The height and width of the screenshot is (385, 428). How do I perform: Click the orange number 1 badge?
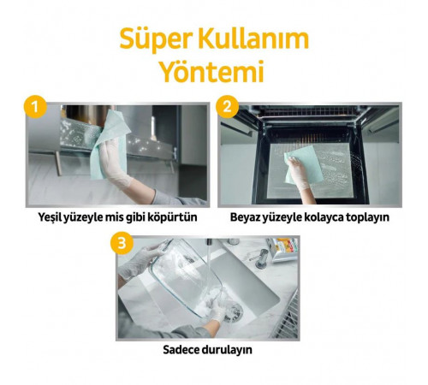(33, 107)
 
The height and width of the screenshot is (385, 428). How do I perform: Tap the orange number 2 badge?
(228, 107)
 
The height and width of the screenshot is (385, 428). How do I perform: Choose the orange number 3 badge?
(123, 243)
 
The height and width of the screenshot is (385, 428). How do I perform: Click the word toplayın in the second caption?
(364, 217)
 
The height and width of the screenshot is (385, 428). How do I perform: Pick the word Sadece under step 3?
(182, 350)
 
